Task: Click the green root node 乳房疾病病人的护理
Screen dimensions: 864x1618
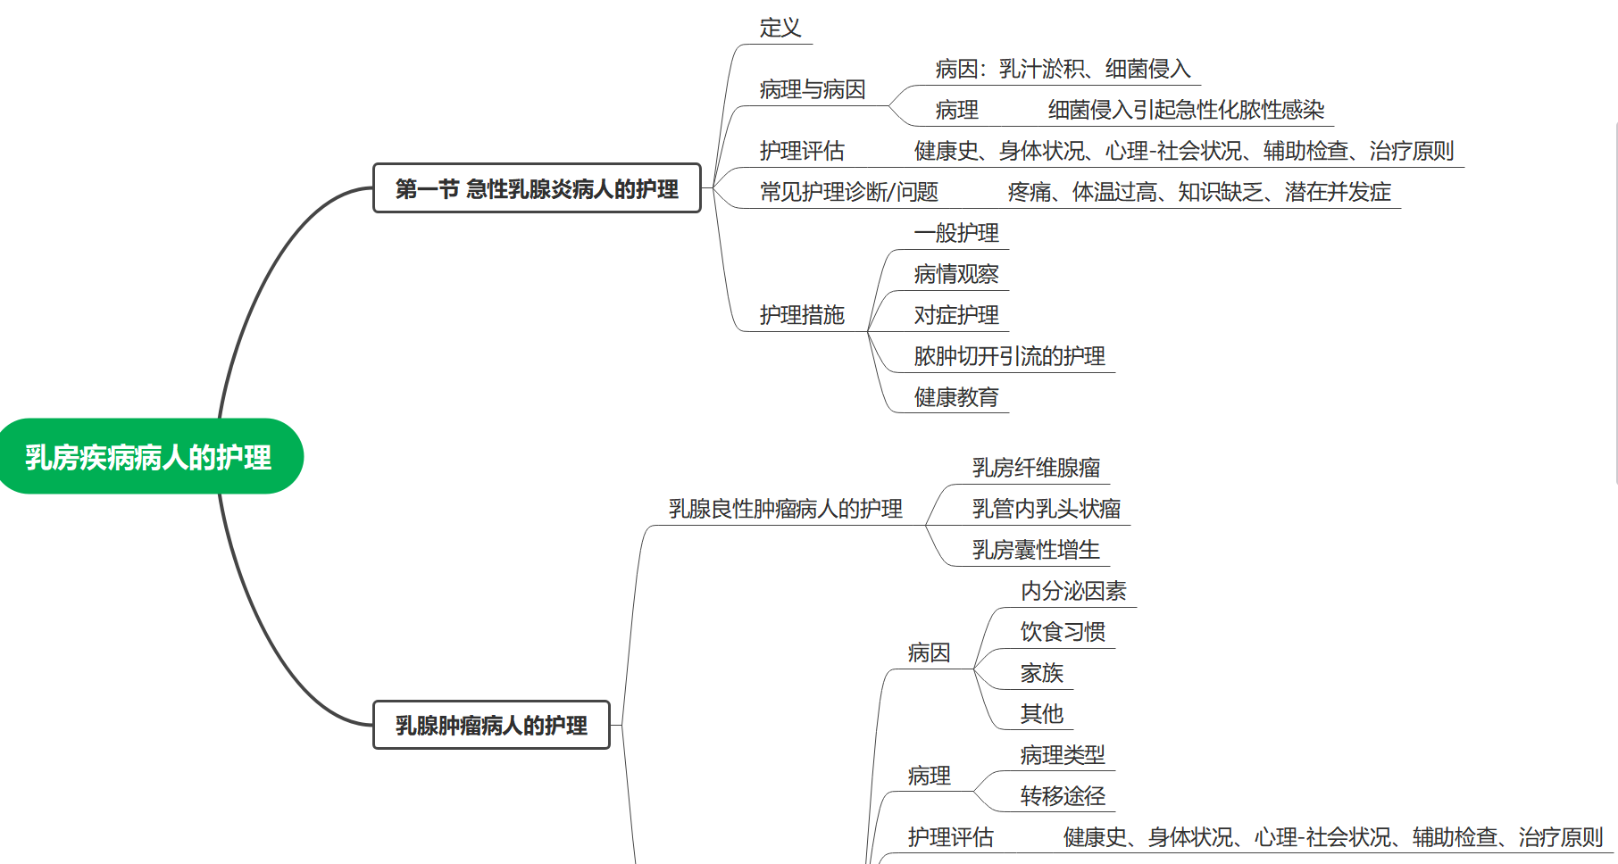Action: coord(148,457)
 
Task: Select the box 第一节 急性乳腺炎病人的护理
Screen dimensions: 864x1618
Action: coord(537,188)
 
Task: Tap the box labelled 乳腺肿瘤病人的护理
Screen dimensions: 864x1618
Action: coord(491,725)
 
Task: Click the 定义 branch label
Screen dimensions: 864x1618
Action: coord(780,28)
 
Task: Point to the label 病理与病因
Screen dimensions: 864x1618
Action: coord(813,89)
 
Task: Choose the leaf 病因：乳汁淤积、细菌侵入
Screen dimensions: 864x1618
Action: coord(1063,69)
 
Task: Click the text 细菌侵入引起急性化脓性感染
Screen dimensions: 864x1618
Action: coord(1186,110)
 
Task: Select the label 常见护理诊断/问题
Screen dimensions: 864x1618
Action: coord(848,192)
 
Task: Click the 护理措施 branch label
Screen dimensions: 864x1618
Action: coord(802,315)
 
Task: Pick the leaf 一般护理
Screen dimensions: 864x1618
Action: coord(956,233)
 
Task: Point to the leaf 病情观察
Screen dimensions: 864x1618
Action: coord(956,274)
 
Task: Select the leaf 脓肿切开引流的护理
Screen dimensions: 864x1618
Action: coord(1009,356)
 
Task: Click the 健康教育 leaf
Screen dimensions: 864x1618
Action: coord(956,397)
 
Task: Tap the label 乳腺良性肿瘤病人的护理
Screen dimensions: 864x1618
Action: coord(785,509)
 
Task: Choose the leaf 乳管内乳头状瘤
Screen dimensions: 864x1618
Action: coord(1047,509)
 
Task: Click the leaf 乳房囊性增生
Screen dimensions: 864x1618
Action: coord(1036,550)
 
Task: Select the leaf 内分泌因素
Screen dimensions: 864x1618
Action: coord(1073,591)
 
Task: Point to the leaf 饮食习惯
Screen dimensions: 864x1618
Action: coord(1063,632)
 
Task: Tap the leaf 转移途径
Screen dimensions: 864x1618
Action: coord(1063,796)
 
